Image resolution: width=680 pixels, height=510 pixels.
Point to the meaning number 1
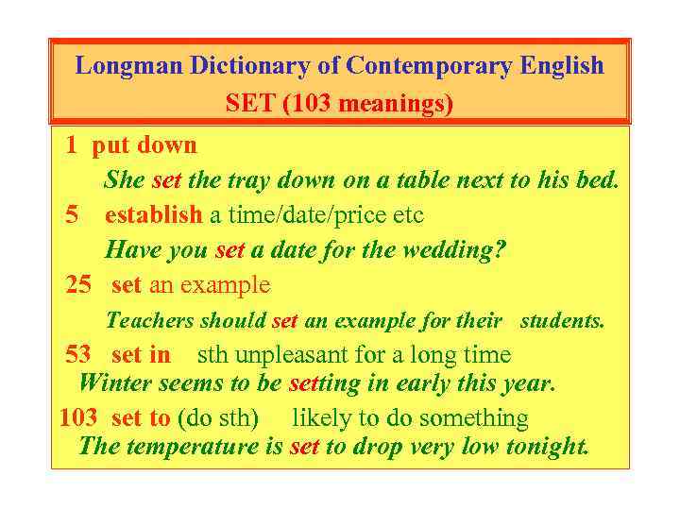72,145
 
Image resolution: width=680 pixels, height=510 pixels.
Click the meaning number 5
73,215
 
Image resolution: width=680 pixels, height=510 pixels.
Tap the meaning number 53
78,355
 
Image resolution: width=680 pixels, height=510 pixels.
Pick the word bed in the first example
599,180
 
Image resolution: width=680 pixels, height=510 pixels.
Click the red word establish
153,215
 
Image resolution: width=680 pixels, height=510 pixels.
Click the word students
562,321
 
